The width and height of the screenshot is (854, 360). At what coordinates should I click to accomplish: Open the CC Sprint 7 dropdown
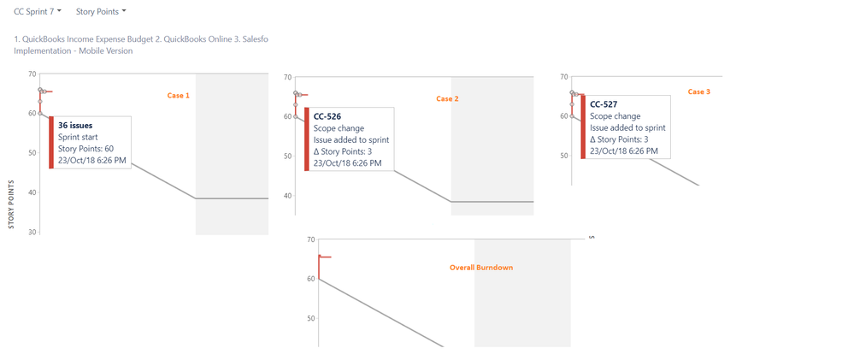click(37, 11)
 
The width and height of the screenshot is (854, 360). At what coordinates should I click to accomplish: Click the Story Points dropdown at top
click(101, 11)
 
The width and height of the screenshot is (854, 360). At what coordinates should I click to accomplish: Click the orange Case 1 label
click(178, 95)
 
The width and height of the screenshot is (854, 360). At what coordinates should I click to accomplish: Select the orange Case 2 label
click(448, 98)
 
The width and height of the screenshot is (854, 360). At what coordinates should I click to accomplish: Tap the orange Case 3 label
click(698, 91)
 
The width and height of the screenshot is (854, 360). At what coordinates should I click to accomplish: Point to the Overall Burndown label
click(481, 268)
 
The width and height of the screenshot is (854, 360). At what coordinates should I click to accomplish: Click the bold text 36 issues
click(75, 125)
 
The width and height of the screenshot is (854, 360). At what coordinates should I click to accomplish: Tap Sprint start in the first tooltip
click(77, 137)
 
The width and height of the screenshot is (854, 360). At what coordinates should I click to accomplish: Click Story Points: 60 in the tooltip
click(85, 148)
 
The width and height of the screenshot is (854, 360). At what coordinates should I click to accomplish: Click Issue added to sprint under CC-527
click(628, 128)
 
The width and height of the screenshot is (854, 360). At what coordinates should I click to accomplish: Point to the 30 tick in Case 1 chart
click(33, 233)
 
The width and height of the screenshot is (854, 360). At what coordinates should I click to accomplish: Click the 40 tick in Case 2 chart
click(288, 196)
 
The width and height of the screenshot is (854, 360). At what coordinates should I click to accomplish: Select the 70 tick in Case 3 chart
click(565, 77)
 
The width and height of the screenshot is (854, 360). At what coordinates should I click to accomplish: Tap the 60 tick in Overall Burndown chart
click(311, 279)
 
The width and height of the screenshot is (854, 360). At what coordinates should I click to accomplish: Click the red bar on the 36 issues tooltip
click(51, 142)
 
